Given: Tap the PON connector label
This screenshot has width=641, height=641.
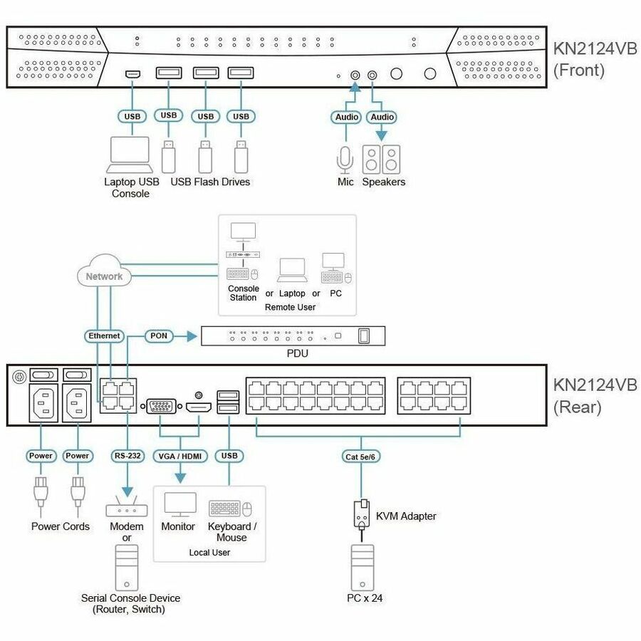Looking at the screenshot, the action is tap(159, 335).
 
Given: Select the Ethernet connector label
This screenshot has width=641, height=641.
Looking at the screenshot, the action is tap(104, 335).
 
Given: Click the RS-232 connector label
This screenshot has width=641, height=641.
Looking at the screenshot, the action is tap(127, 455).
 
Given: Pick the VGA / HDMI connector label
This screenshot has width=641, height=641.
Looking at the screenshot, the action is tap(180, 456).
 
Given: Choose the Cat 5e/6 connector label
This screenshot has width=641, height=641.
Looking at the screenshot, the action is tap(360, 457).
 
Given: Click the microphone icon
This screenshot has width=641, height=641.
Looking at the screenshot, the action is tap(345, 160).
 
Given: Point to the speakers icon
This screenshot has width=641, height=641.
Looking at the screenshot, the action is tap(381, 160).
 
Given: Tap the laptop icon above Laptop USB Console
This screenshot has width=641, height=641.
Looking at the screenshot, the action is tap(130, 155).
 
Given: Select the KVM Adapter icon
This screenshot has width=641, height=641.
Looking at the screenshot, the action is tap(361, 515).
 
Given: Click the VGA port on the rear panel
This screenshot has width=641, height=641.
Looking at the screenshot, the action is tap(161, 407).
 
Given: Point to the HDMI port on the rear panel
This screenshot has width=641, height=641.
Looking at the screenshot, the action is tap(199, 407).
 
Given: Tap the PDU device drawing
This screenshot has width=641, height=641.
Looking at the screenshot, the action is tap(293, 336).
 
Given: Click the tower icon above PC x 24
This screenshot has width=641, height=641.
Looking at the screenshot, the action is tap(363, 567).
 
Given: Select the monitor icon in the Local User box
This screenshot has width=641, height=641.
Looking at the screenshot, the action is tap(180, 504).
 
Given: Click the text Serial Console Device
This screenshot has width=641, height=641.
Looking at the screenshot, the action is tap(130, 598).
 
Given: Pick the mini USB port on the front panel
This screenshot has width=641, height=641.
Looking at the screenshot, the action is tap(132, 74).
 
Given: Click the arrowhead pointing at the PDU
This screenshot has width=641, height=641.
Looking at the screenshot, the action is tap(192, 336).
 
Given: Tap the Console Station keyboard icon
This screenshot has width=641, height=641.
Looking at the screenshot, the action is tap(237, 273).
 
